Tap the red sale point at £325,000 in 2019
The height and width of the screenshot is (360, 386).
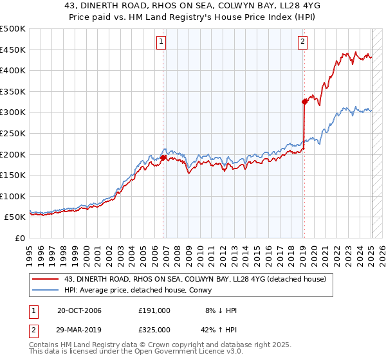(304, 101)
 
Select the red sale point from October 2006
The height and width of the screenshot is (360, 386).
(163, 157)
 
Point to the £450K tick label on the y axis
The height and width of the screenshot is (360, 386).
(13, 50)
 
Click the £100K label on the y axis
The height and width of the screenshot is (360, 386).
(13, 196)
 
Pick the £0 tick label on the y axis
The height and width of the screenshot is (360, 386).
(20, 238)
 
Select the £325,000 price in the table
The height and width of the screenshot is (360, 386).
(154, 329)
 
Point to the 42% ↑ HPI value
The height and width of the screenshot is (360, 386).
(219, 329)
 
